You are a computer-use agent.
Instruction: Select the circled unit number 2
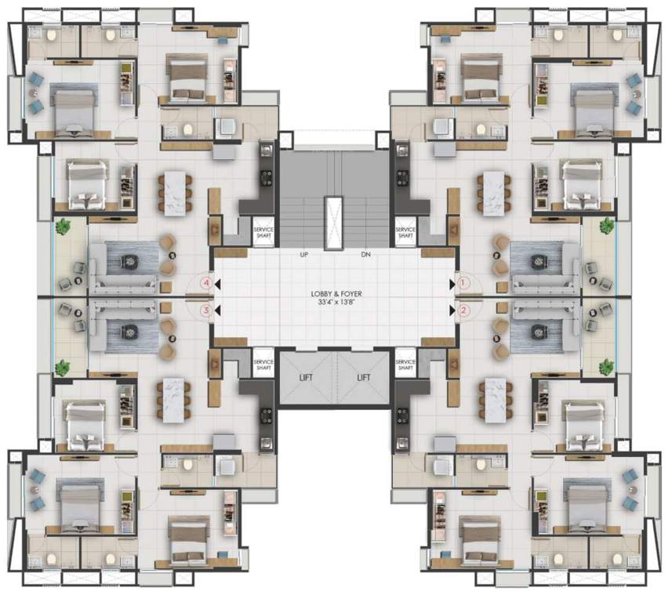(x=463, y=310)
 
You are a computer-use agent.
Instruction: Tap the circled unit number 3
(x=206, y=310)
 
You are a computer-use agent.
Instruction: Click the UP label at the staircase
(x=304, y=255)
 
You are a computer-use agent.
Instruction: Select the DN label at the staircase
(x=365, y=255)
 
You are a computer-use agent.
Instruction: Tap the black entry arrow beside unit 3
(x=217, y=310)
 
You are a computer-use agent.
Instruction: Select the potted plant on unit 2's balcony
(x=606, y=366)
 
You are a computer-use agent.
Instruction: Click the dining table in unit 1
(x=492, y=190)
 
